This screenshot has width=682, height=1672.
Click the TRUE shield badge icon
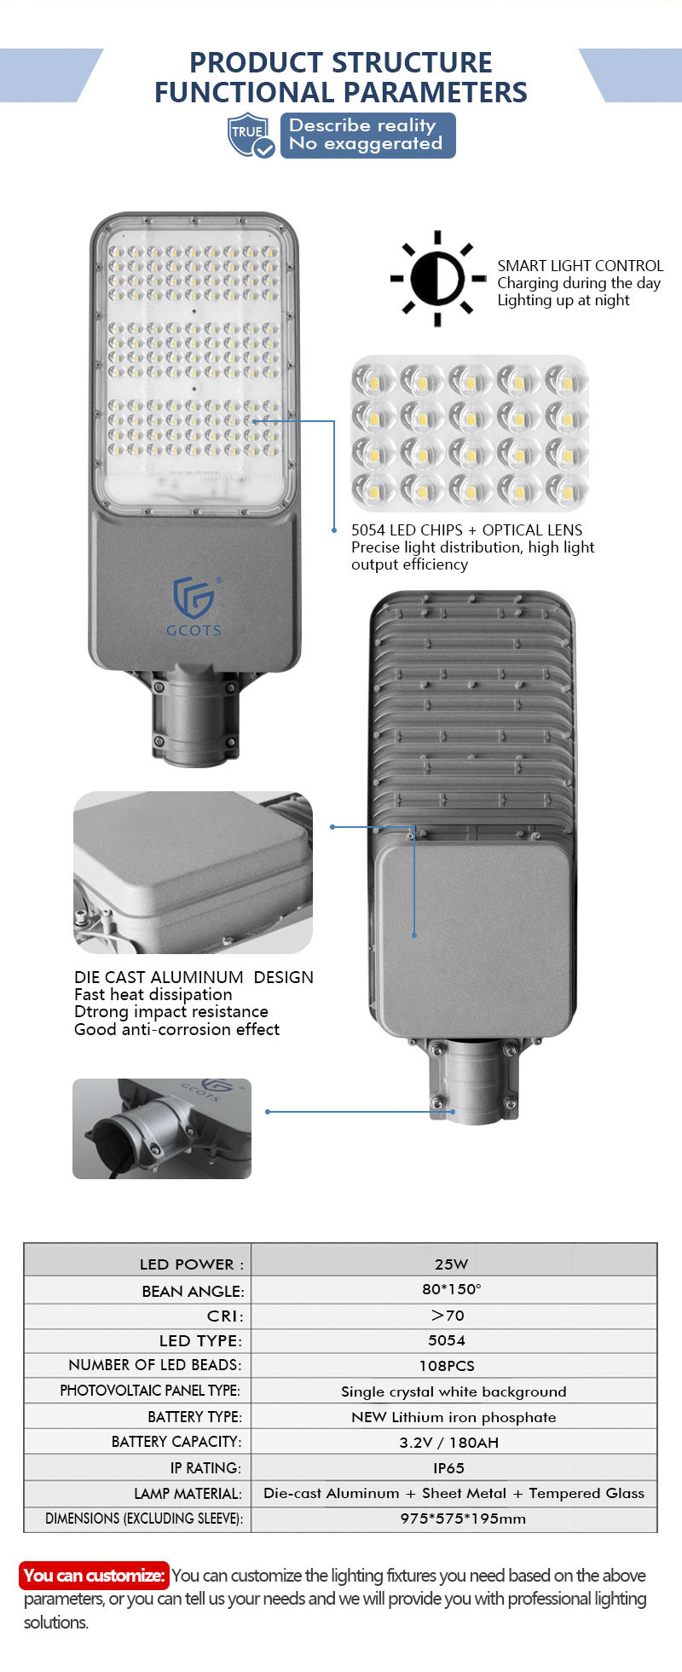point(251,135)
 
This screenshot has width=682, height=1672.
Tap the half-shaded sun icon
point(437,278)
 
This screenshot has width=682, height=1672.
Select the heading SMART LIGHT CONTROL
point(580,266)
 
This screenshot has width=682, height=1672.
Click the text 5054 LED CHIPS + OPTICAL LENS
point(466,529)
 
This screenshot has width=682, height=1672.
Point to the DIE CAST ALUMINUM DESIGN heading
point(194,977)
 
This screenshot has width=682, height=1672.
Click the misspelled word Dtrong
point(100,1012)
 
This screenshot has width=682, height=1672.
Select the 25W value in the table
point(451,1264)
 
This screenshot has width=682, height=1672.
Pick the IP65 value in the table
point(448,1467)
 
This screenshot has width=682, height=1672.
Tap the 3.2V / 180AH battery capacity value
point(449,1442)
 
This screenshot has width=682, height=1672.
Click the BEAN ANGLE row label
point(193,1291)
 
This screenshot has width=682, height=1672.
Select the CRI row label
point(225,1316)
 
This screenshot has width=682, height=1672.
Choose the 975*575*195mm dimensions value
point(463,1518)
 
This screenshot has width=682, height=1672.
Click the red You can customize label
point(95,1575)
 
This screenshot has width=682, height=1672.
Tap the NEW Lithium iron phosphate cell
point(454,1417)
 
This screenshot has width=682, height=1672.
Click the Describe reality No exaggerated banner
point(367,135)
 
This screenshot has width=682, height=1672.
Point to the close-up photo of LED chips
point(470,432)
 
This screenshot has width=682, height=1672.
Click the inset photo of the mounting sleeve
point(162,1129)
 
